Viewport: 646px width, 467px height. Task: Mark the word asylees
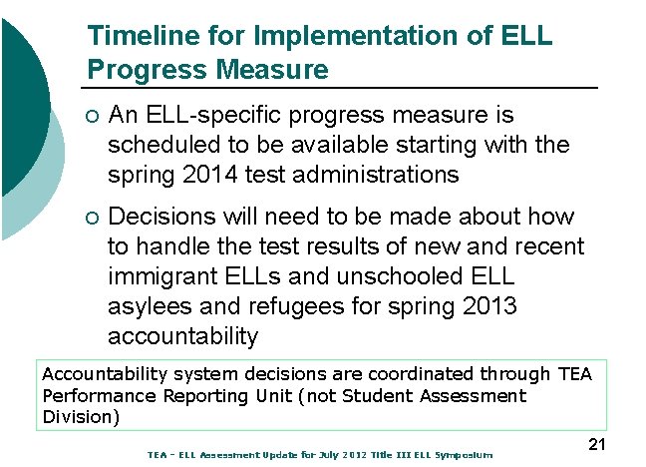coord(148,305)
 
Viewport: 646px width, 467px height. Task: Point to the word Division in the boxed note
coord(78,416)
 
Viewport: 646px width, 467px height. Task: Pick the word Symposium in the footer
coord(462,455)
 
